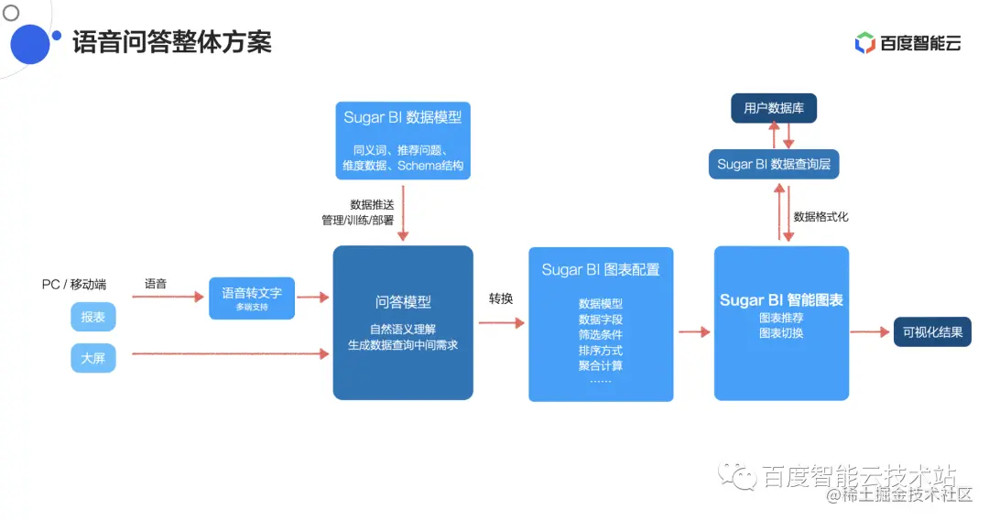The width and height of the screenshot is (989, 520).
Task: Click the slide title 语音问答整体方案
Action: tap(172, 41)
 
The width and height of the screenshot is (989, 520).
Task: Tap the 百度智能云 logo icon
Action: tap(864, 42)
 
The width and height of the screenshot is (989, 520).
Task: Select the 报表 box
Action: tap(93, 317)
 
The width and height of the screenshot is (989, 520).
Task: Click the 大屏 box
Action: tap(93, 358)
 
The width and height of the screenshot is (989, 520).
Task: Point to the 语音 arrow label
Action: tap(156, 284)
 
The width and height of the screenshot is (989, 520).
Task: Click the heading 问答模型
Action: tap(403, 302)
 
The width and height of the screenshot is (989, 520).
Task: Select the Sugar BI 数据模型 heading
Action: tap(403, 117)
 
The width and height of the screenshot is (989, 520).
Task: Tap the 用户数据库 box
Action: tap(774, 109)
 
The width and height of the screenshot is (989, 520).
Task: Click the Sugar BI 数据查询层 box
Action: tap(774, 164)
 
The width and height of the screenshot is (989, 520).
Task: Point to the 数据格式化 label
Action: tap(821, 217)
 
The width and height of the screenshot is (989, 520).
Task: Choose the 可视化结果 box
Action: tap(932, 332)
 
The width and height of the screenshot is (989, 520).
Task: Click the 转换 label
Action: tap(501, 299)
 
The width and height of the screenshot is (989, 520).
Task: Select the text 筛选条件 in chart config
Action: tap(601, 334)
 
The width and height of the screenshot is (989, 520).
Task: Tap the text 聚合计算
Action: tap(601, 365)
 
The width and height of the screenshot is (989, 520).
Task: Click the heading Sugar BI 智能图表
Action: tap(781, 300)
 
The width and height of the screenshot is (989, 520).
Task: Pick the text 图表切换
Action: tap(781, 333)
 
